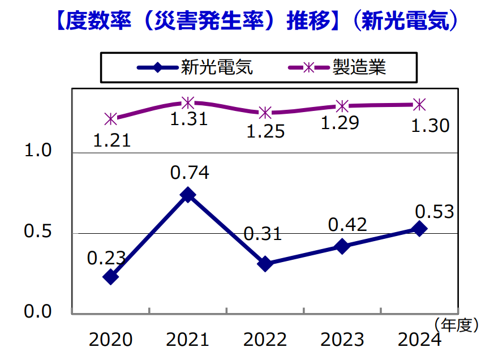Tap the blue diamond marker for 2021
pos(188,195)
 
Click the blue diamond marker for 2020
pos(111,277)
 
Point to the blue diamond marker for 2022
pos(265,264)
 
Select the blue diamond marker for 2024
pos(419,229)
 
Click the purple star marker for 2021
pos(188,102)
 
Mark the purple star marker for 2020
pos(111,118)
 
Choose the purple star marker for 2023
pos(342,106)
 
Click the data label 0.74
pos(190,173)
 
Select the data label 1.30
pos(431,125)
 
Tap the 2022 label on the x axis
pos(265,340)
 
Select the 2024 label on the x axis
pos(419,340)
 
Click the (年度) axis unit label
pos(457,324)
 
